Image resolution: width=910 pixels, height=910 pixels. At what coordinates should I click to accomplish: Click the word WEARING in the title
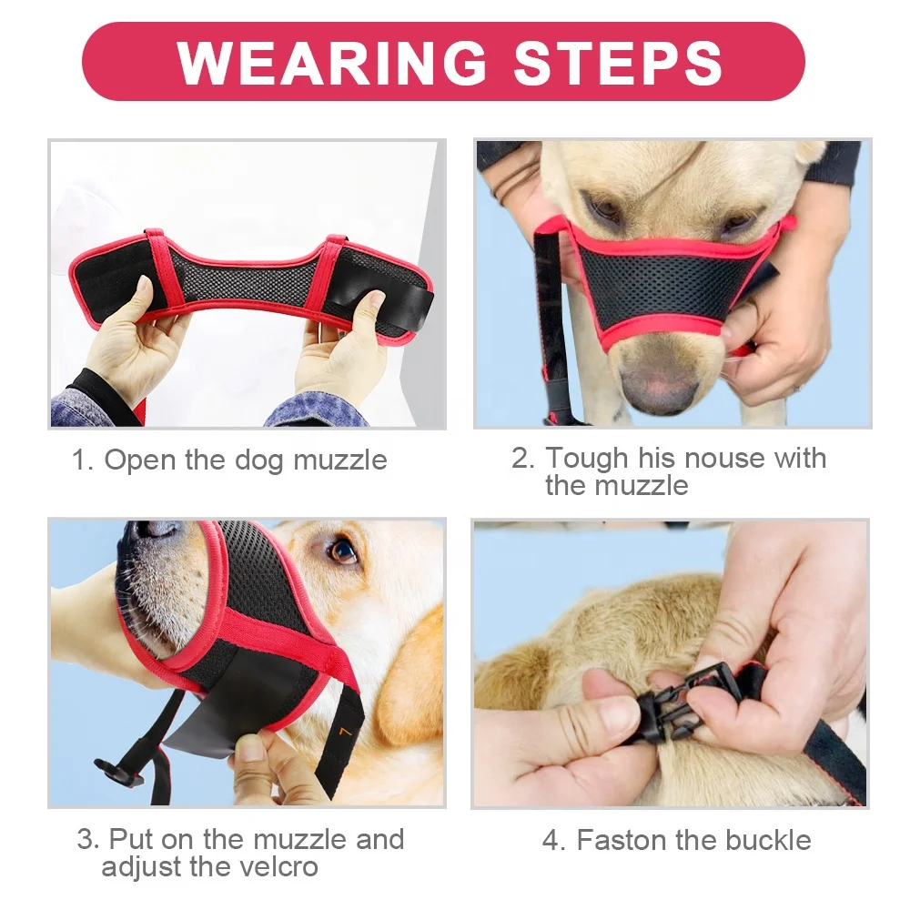332,62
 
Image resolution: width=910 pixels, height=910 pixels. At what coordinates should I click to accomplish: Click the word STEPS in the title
619,62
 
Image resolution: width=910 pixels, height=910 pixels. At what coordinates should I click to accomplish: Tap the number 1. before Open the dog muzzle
83,460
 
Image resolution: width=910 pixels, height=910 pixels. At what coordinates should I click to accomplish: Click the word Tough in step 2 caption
586,458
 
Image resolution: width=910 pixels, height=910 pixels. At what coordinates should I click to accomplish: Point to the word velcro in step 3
273,867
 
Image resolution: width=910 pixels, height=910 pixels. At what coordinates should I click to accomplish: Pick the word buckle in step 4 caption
765,840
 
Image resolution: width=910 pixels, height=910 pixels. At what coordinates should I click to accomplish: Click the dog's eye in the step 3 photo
343,551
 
